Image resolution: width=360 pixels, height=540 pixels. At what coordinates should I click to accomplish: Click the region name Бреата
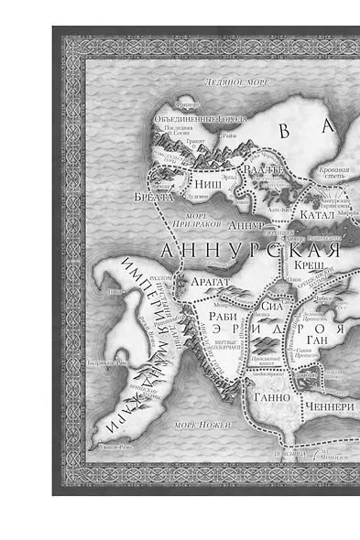click(x=157, y=195)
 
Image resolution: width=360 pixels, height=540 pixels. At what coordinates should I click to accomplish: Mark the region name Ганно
click(x=270, y=397)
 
